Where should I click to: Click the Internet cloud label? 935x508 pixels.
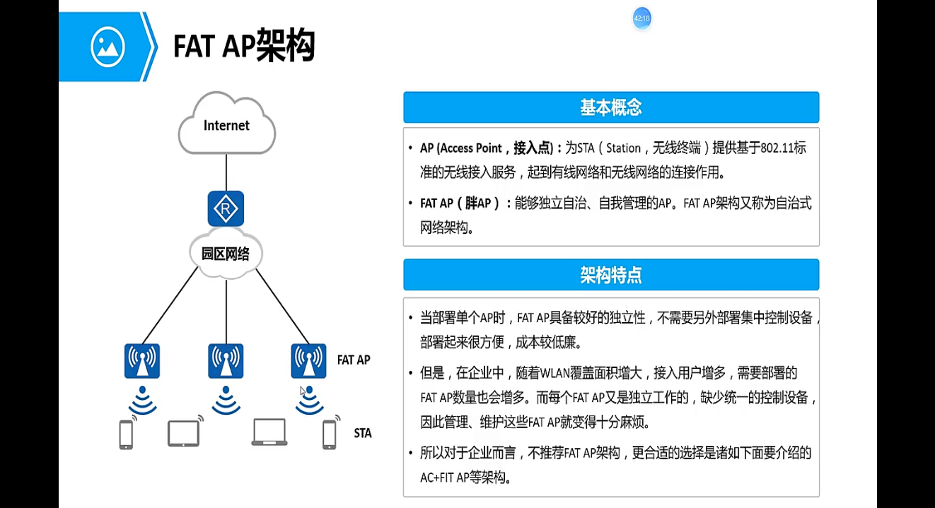(x=226, y=126)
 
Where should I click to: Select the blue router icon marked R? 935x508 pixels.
(x=226, y=208)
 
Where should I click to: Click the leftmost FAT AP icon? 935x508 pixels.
(x=142, y=361)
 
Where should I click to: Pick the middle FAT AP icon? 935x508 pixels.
(x=226, y=361)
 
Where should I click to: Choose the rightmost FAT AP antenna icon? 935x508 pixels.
(x=309, y=361)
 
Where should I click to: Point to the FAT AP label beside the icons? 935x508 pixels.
(x=354, y=360)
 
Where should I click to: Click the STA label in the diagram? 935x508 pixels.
(x=363, y=433)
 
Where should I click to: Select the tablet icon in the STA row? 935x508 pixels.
(x=183, y=433)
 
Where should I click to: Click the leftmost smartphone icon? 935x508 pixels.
(x=126, y=435)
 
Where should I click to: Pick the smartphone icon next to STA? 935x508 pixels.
(x=329, y=435)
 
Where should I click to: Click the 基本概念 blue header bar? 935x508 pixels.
(x=611, y=107)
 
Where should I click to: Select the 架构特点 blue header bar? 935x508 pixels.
(x=611, y=275)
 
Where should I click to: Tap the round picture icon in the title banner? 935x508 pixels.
(x=108, y=47)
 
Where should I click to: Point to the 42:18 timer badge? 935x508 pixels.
(x=641, y=19)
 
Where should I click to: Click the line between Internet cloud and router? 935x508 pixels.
(x=226, y=172)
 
